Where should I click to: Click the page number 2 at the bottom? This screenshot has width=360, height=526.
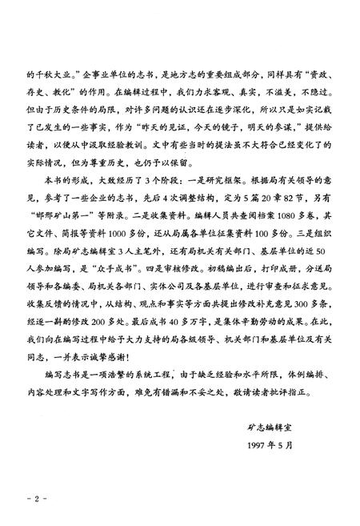[36, 499]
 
